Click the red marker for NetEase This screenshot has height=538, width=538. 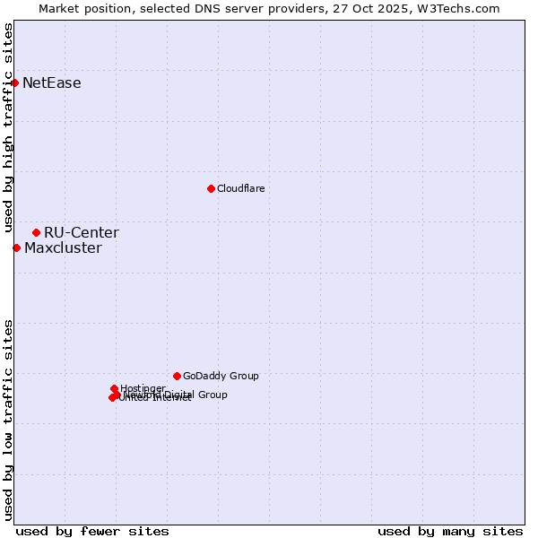click(x=14, y=82)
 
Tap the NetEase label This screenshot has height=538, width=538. click(x=52, y=83)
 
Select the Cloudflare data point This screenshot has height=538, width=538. click(x=211, y=188)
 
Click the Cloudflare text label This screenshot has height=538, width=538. click(x=240, y=188)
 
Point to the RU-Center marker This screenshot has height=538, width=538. click(x=36, y=232)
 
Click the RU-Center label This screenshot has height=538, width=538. click(x=82, y=233)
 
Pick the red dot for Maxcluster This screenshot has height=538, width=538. click(x=16, y=247)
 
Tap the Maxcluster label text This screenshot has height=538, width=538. click(x=63, y=248)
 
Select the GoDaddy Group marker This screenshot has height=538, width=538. click(x=177, y=376)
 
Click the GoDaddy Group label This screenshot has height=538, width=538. click(x=221, y=377)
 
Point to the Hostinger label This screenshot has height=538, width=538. click(x=143, y=388)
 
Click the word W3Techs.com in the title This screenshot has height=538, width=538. click(x=463, y=8)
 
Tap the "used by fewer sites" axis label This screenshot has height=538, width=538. click(x=92, y=531)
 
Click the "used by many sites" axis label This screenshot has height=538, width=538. click(x=450, y=531)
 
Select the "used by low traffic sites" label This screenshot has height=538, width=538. click(x=9, y=419)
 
